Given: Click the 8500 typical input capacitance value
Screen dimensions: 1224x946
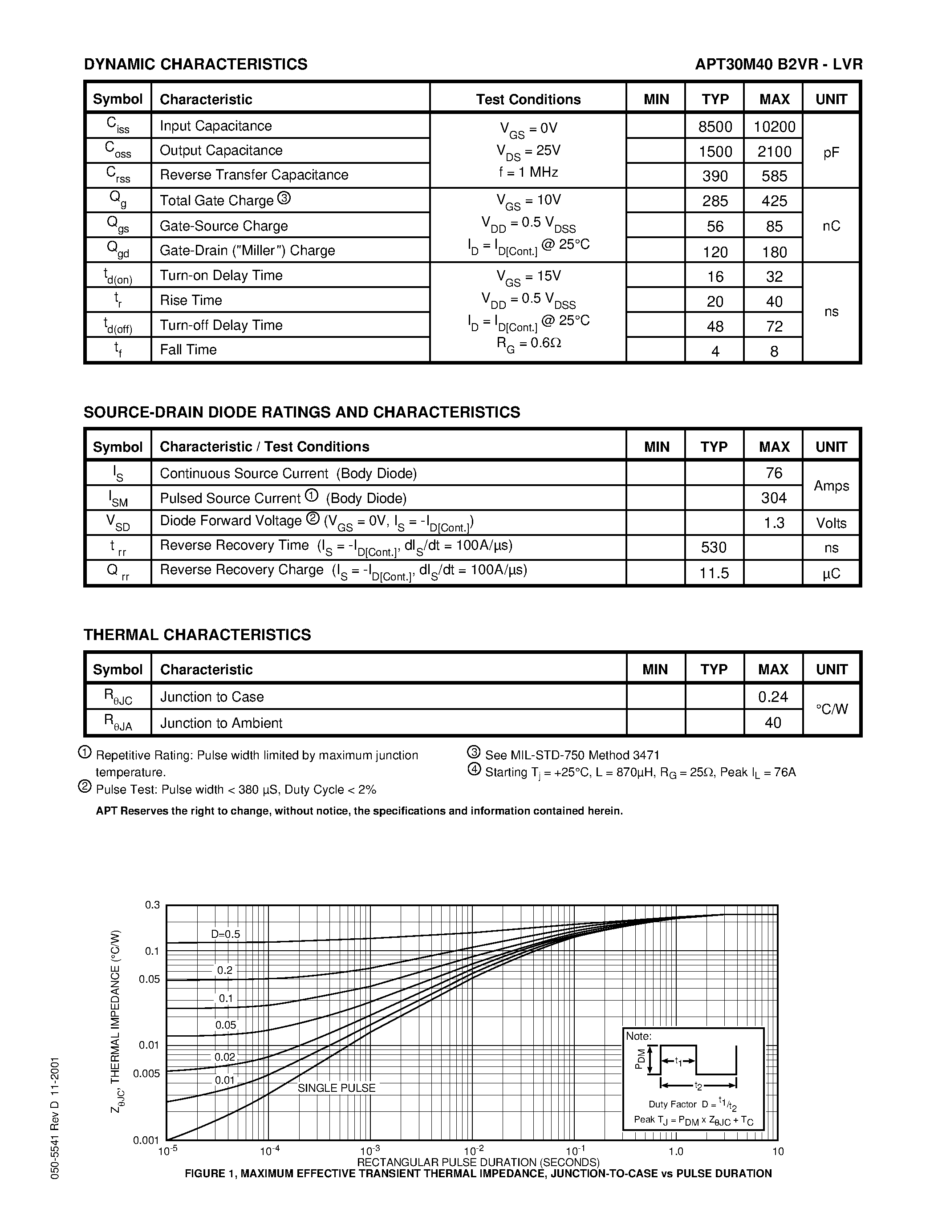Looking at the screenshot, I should (715, 127).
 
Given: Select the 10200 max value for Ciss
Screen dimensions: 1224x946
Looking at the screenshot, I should (774, 127).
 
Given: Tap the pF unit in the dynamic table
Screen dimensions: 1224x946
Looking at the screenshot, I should (831, 152).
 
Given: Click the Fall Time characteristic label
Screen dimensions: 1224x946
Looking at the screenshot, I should (188, 350).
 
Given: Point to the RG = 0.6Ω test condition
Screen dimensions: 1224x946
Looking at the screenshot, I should (528, 342).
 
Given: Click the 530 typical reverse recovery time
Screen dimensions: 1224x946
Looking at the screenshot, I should (714, 547).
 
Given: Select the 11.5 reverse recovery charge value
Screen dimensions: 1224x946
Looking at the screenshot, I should (714, 573).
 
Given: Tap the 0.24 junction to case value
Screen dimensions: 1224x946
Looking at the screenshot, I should (773, 697).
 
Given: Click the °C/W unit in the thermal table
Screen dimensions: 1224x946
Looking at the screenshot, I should (832, 709).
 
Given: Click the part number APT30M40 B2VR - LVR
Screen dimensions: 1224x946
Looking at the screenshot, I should (779, 65).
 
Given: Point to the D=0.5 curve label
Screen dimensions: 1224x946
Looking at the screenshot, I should (225, 934).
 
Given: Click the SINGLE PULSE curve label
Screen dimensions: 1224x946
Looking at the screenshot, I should (336, 1088).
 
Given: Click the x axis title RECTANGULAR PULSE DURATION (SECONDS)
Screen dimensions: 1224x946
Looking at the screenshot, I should (478, 1162).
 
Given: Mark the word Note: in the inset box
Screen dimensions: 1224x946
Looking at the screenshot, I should (639, 1036).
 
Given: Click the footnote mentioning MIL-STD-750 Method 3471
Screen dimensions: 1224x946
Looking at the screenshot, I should (572, 755).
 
